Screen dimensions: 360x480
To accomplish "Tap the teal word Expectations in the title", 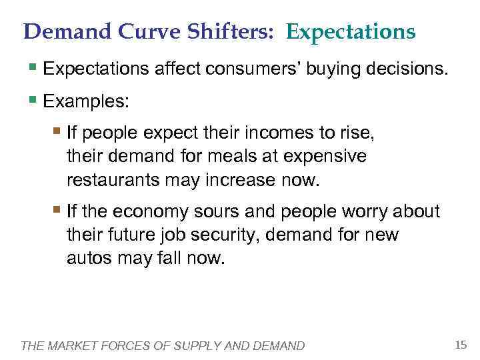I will click(x=351, y=31).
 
